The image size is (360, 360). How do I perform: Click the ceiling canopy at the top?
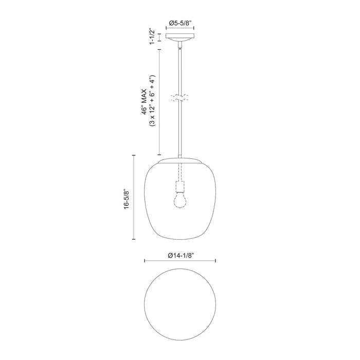point(179,39)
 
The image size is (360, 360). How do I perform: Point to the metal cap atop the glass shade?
point(179,160)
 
